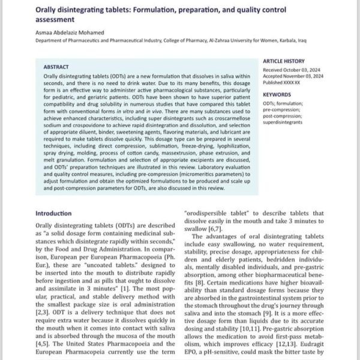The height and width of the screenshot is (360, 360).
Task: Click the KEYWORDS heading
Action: pyautogui.click(x=277, y=94)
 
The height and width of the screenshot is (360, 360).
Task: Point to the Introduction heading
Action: pyautogui.click(x=54, y=213)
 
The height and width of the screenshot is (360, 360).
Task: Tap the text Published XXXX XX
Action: pyautogui.click(x=286, y=83)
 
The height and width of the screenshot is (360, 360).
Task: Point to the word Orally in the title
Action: pyautogui.click(x=49, y=10)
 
